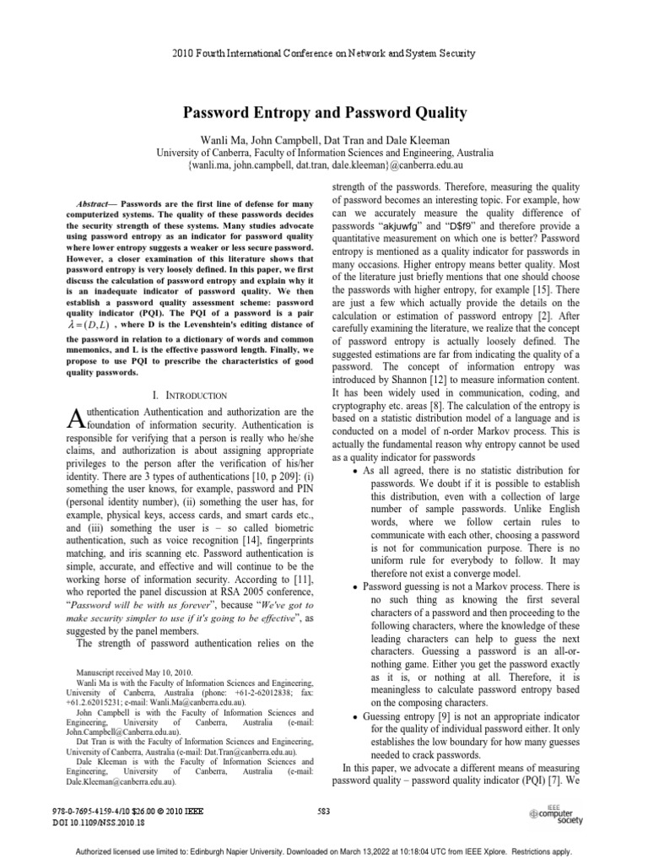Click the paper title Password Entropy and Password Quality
pos(323,111)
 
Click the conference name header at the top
pos(323,53)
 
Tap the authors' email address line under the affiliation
pos(323,167)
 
